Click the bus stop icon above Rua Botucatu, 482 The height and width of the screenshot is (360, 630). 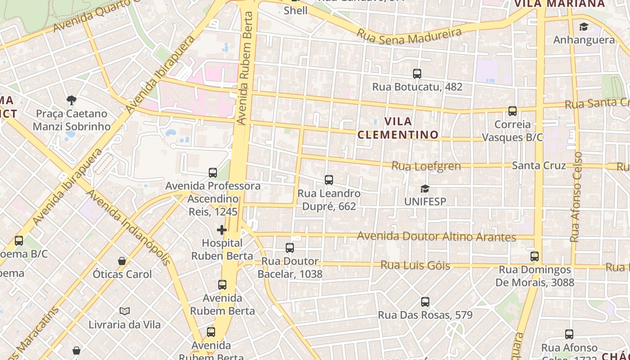[417, 73]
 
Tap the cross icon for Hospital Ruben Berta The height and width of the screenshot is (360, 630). [221, 230]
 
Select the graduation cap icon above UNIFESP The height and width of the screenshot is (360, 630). [425, 189]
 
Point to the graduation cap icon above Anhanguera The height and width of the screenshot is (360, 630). [584, 27]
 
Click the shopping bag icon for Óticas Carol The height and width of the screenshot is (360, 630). [122, 261]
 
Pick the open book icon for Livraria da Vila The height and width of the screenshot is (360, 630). [125, 311]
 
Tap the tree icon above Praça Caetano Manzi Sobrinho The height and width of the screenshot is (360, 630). [71, 100]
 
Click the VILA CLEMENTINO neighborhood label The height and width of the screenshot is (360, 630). [398, 128]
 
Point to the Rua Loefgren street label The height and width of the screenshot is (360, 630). [426, 166]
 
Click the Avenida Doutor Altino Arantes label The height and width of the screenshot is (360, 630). [436, 237]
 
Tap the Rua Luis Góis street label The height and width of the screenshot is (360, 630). [415, 265]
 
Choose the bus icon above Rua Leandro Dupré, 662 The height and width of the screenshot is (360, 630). [329, 180]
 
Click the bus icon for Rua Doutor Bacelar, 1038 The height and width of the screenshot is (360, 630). [290, 248]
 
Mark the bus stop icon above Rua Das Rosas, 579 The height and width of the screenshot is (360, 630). [425, 302]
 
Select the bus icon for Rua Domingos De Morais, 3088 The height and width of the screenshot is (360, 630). [535, 256]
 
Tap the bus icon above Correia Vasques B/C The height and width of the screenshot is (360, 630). [513, 111]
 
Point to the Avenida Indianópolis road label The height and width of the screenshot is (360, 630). [128, 228]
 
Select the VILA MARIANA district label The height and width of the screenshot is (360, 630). [559, 4]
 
